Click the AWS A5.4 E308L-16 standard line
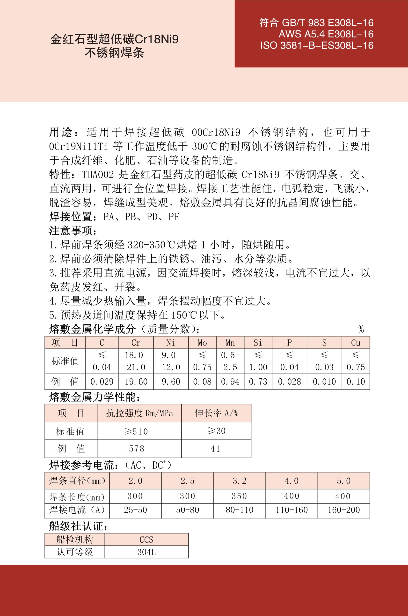coord(326,34)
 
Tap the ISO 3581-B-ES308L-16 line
coord(317,45)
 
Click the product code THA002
coord(98,175)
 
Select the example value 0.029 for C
coord(102,382)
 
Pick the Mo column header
coord(202,343)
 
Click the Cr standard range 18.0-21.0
coord(136,361)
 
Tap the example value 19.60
coord(136,382)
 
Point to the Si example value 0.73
coord(258,382)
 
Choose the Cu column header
coord(356,343)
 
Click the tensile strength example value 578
coord(137,449)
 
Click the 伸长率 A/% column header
coord(216,413)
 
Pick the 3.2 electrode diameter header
coord(239,481)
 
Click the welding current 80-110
coord(239,510)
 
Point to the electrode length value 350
coord(239,496)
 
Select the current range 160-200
coord(343,510)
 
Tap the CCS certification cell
coord(146,540)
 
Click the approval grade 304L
coord(146,552)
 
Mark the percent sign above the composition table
coord(361,329)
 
